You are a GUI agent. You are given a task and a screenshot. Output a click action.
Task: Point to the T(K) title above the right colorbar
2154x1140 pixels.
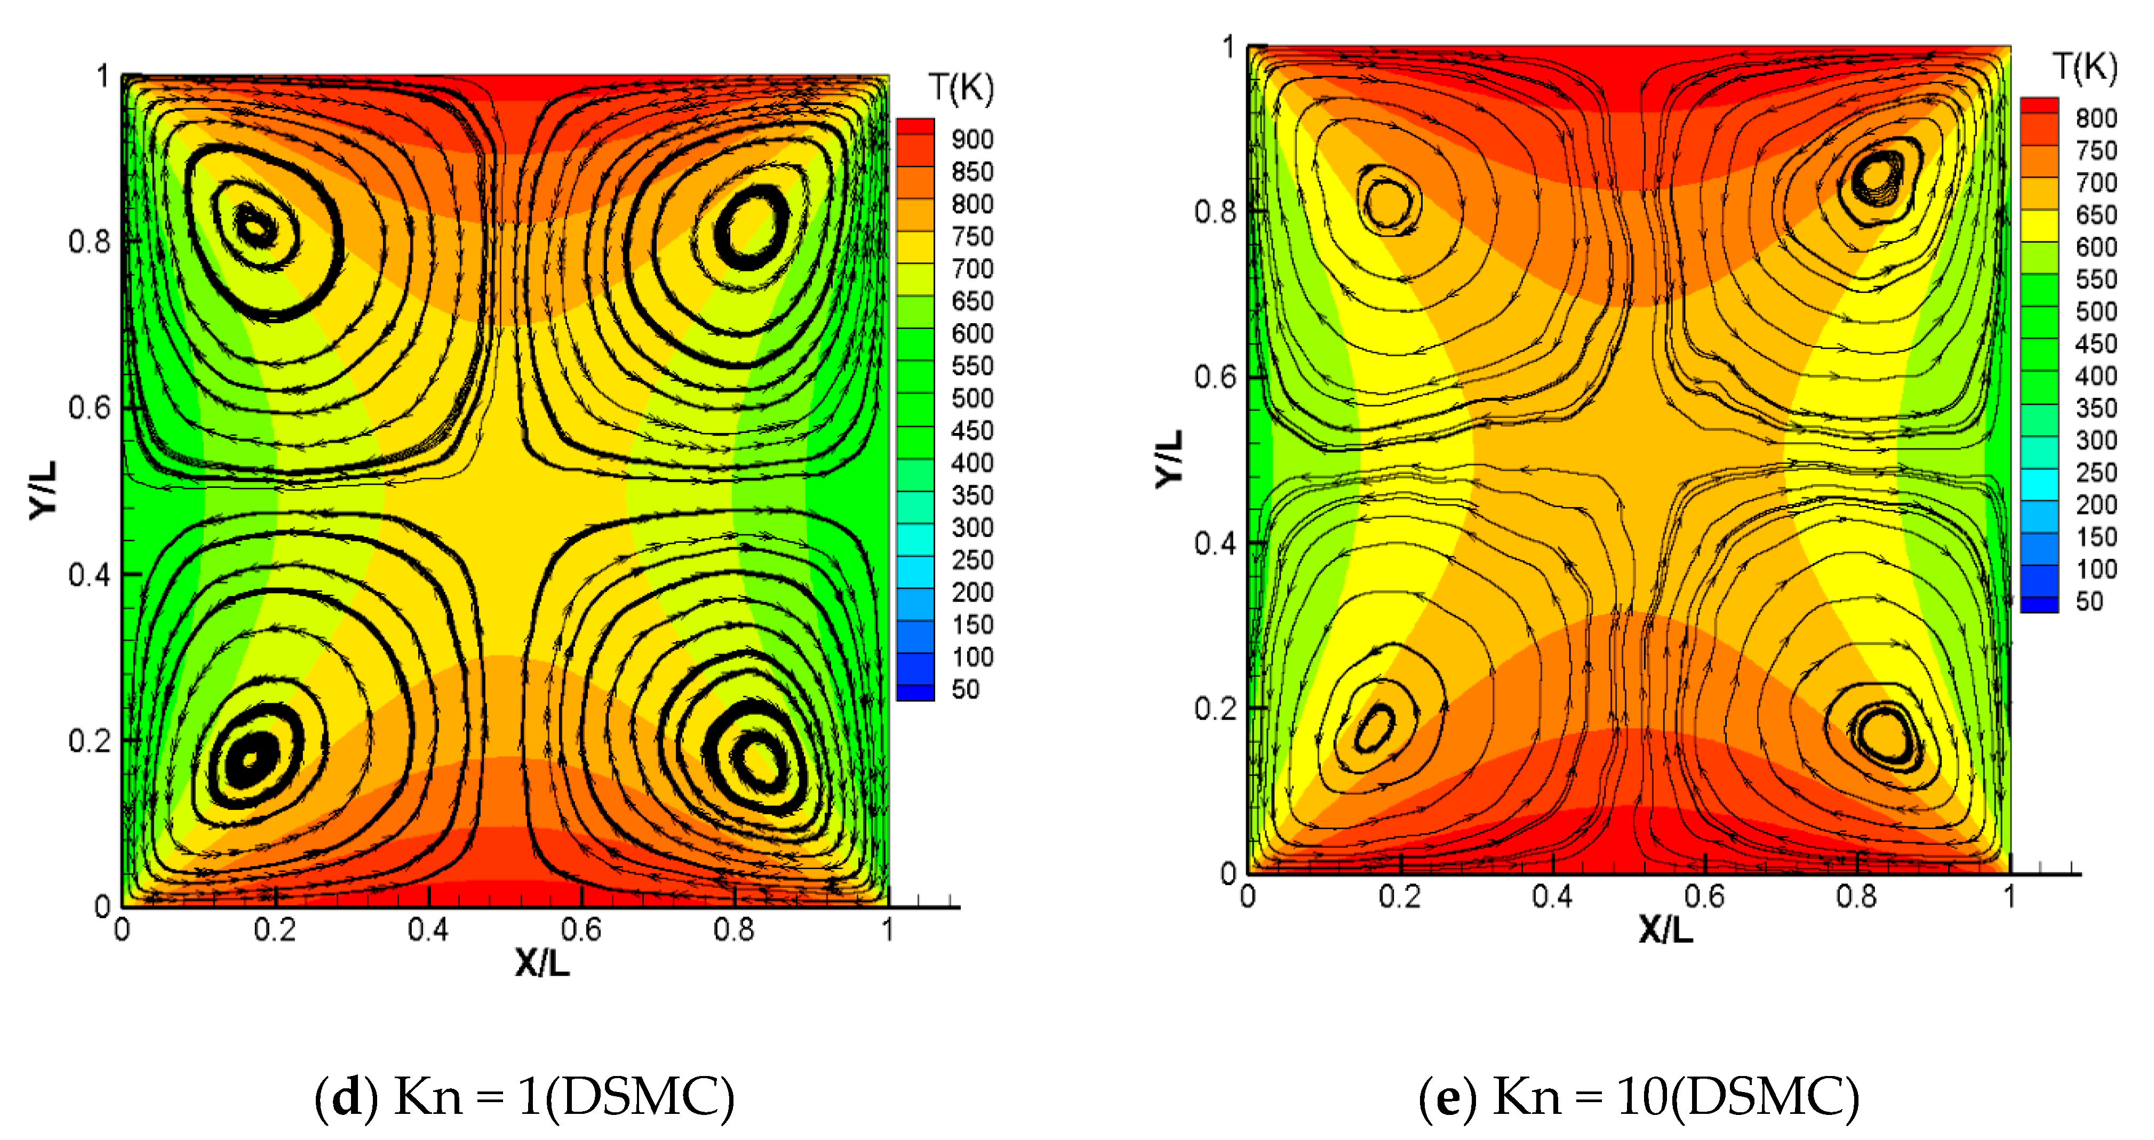(2085, 66)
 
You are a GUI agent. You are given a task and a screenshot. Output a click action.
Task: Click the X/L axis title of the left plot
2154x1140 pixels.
(542, 963)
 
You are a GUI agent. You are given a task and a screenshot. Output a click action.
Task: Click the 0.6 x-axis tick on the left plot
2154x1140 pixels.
(580, 929)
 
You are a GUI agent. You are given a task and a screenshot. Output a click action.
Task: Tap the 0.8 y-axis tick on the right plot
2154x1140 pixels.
(1214, 212)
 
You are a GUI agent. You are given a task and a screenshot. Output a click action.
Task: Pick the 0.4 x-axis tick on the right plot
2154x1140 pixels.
(1552, 897)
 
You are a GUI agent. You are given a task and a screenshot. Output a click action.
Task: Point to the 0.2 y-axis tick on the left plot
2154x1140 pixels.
(89, 741)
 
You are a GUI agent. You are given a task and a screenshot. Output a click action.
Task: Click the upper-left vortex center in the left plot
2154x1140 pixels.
(255, 224)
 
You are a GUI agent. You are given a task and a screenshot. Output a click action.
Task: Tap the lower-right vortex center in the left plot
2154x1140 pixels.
(757, 757)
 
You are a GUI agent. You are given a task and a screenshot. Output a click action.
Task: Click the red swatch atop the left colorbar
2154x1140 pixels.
(915, 127)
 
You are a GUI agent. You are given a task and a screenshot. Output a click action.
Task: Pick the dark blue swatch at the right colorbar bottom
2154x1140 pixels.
(2039, 604)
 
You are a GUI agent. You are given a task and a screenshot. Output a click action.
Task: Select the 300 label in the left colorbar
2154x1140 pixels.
(971, 527)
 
